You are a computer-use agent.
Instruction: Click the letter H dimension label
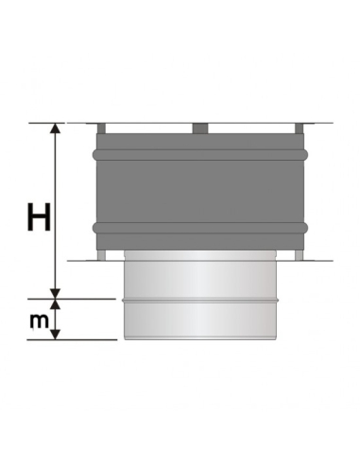click(x=39, y=217)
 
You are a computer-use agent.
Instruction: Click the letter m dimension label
click(x=40, y=320)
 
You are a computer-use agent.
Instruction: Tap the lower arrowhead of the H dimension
click(x=56, y=293)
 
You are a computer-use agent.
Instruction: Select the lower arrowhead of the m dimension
click(x=56, y=334)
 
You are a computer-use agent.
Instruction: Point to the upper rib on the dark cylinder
click(x=200, y=154)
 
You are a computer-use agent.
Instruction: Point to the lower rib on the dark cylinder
click(x=200, y=228)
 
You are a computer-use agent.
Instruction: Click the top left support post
click(x=101, y=129)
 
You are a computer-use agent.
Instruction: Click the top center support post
click(x=200, y=129)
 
